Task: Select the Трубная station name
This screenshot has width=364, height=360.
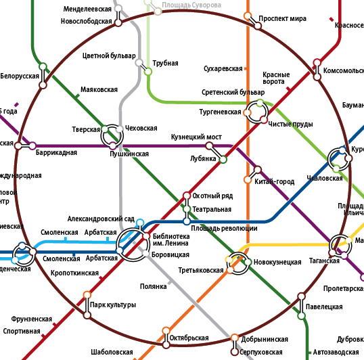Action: point(165,64)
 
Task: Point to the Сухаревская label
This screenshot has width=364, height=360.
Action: point(223,69)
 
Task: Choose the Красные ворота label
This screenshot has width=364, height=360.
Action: point(275,78)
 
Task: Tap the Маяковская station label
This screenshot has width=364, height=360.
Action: point(99,90)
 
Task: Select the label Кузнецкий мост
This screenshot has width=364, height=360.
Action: point(196,137)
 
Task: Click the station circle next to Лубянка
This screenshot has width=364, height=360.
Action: point(223,160)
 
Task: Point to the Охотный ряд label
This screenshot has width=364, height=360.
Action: point(212,196)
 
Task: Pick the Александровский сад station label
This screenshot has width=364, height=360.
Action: point(101,219)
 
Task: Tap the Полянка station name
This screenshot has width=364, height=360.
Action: point(153,286)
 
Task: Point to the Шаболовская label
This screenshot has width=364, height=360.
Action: point(112,353)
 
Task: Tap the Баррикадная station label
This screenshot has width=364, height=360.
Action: point(56,153)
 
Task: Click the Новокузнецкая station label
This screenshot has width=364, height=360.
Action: point(277,262)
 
